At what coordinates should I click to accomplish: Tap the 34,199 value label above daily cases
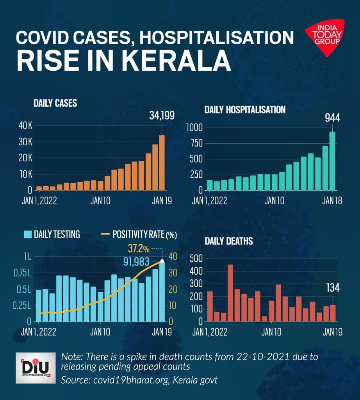point(162,116)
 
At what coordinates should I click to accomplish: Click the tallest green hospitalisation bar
point(332,161)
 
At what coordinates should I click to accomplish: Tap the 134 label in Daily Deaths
point(333,288)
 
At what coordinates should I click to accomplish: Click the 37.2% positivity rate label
point(138,248)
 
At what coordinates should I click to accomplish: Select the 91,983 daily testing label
point(139,261)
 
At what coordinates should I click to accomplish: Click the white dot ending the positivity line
point(162,261)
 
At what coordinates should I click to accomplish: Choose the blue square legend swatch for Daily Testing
point(28,234)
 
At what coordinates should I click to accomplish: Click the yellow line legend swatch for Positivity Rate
point(105,234)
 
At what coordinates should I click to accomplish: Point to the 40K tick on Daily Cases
point(25,126)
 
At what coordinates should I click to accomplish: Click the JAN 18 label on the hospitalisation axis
point(332,201)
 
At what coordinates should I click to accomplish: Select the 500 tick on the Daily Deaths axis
point(196,259)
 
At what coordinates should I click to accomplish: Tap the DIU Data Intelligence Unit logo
point(36,367)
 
